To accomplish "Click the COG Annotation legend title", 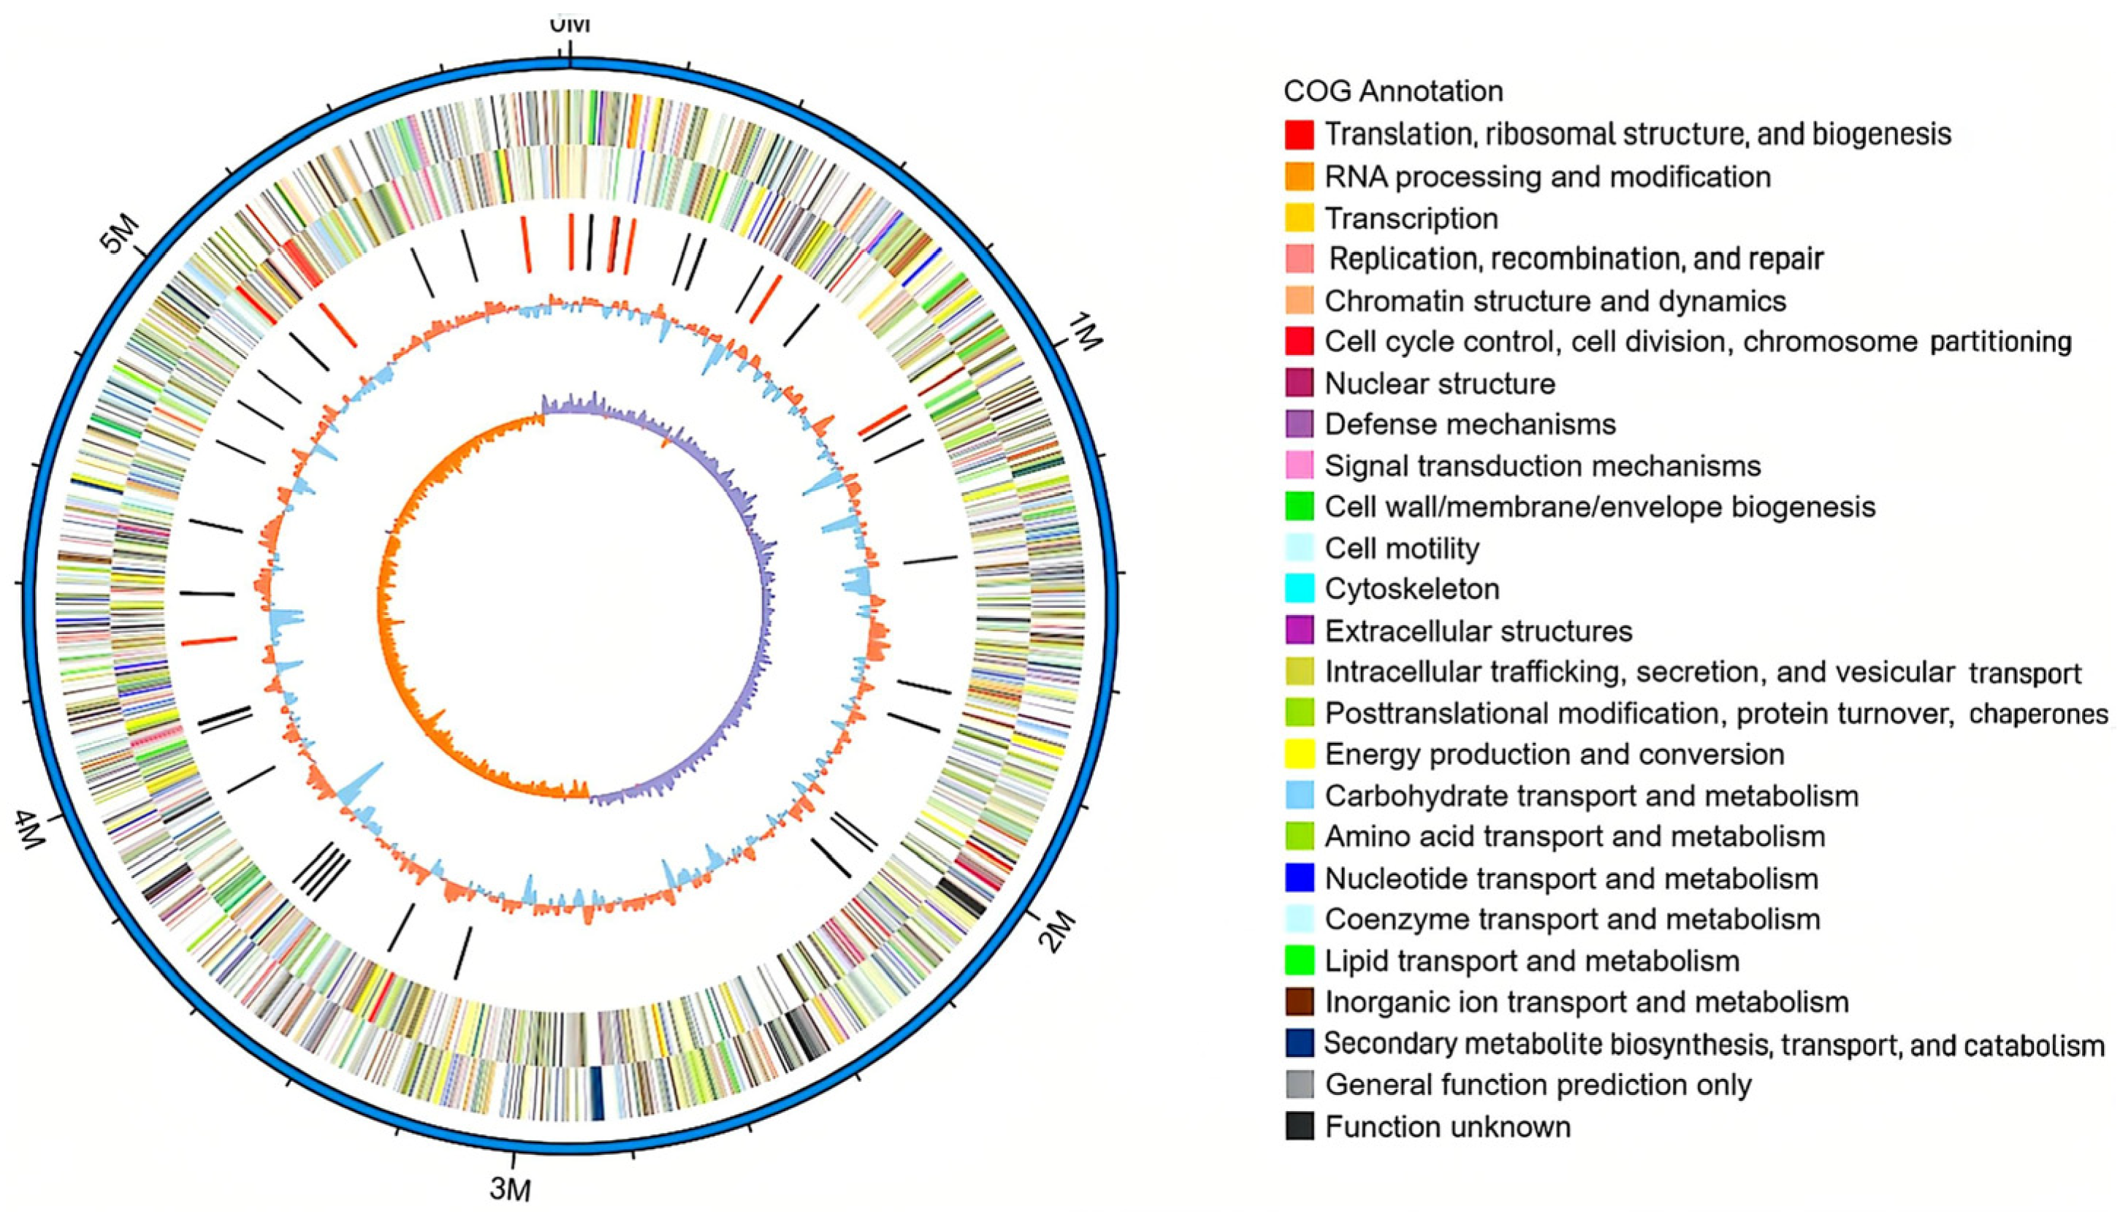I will point(1393,91).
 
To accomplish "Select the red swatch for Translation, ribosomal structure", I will point(1300,134).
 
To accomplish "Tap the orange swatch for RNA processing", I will point(1300,176).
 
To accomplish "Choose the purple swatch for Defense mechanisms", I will point(1300,424).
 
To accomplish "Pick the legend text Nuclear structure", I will point(1440,384).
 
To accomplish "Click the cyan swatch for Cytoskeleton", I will point(1300,590).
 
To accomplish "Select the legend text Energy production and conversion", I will point(1555,755).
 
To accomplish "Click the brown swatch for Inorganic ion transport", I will point(1300,1002).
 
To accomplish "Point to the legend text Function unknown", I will point(1447,1126).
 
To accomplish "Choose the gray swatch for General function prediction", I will point(1300,1085).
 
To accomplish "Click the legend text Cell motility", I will point(1401,549).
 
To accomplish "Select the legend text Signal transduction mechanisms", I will point(1543,465).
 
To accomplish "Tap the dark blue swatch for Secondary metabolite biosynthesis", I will point(1300,1043).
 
